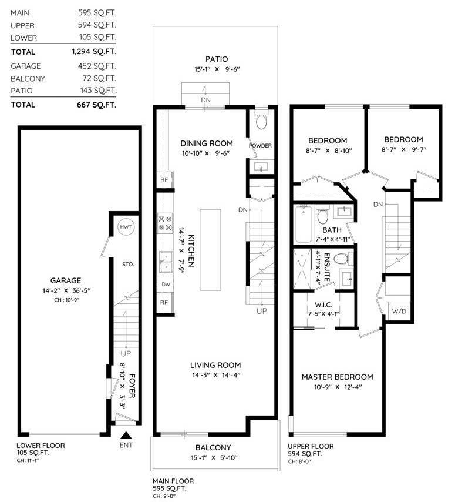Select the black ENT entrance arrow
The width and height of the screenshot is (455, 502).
[x=125, y=436]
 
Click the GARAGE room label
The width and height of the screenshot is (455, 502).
[x=66, y=280]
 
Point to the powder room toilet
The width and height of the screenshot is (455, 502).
[x=261, y=122]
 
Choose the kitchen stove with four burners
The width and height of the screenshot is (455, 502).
[x=164, y=223]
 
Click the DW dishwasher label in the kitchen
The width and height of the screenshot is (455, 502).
[x=165, y=284]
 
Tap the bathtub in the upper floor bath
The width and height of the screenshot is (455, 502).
[x=304, y=224]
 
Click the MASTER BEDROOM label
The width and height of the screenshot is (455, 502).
[x=337, y=377]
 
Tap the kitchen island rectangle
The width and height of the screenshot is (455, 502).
[x=211, y=249]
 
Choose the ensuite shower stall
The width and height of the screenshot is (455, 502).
[x=304, y=268]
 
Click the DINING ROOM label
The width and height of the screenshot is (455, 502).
[x=206, y=143]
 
